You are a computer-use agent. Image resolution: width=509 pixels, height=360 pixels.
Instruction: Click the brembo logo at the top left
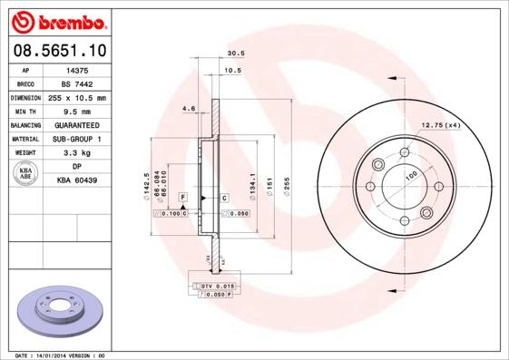pyautogui.click(x=56, y=20)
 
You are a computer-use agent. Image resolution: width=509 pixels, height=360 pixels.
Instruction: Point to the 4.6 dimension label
pyautogui.click(x=189, y=108)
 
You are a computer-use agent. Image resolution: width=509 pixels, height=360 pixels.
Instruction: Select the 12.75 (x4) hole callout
pyautogui.click(x=441, y=124)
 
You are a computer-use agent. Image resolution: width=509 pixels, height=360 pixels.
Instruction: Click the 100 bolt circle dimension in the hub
pyautogui.click(x=410, y=175)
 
